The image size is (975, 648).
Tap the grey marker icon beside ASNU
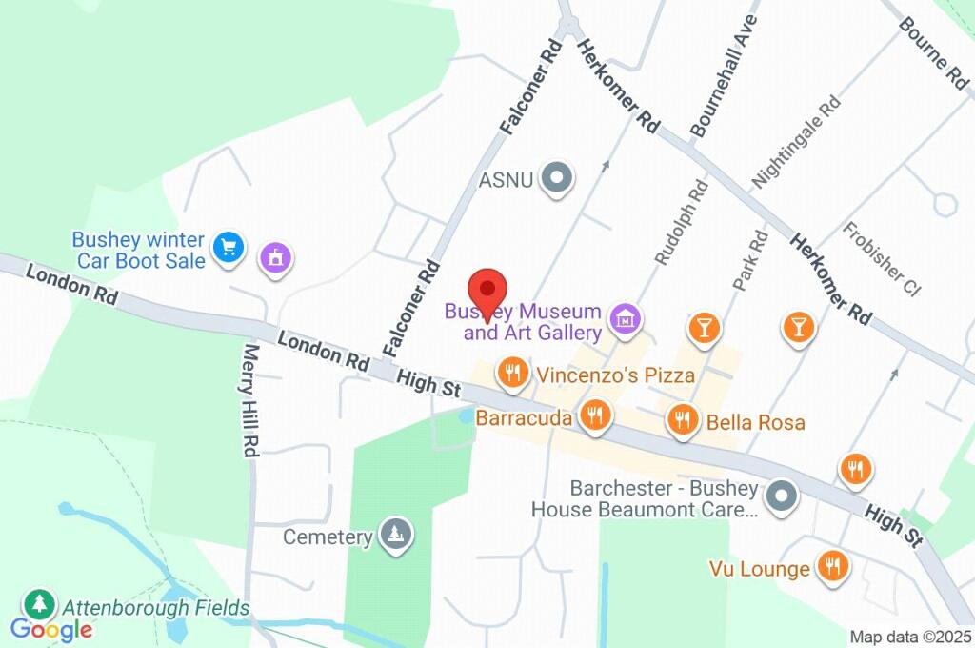(555, 177)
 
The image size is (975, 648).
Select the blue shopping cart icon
(229, 249)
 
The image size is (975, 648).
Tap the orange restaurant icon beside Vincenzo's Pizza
(513, 373)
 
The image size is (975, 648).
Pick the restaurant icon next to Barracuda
(597, 415)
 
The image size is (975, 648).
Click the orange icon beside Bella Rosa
(683, 418)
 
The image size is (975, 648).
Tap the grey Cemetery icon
(394, 536)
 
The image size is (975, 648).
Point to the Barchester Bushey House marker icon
(782, 496)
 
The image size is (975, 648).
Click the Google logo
(51, 629)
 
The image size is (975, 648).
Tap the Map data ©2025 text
(910, 637)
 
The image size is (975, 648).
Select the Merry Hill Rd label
(250, 400)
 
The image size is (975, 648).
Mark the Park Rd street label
(750, 259)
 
